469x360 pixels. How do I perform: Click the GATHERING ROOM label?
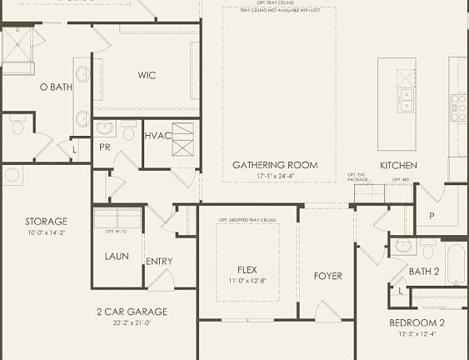[275, 165]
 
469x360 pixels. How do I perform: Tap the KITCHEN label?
[398, 165]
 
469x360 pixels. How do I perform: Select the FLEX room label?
[247, 270]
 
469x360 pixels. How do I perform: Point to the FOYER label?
[327, 276]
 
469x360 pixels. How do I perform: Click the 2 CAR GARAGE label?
[132, 312]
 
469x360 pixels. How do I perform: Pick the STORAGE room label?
[46, 222]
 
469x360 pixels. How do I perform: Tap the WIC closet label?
[147, 75]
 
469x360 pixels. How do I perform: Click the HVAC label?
[157, 135]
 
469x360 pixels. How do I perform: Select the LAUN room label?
[117, 256]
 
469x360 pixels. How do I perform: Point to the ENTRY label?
[159, 262]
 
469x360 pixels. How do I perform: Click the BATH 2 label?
[424, 272]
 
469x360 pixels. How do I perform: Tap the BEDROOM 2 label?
[417, 322]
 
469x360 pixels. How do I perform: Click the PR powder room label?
[104, 147]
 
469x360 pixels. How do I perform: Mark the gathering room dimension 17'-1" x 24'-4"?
[275, 176]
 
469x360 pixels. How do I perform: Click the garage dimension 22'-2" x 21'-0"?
[132, 322]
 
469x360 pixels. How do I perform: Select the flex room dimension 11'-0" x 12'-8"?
[247, 281]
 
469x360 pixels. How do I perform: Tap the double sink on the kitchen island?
[406, 100]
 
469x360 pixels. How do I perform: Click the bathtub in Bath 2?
[456, 262]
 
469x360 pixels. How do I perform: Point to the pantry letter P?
[431, 215]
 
